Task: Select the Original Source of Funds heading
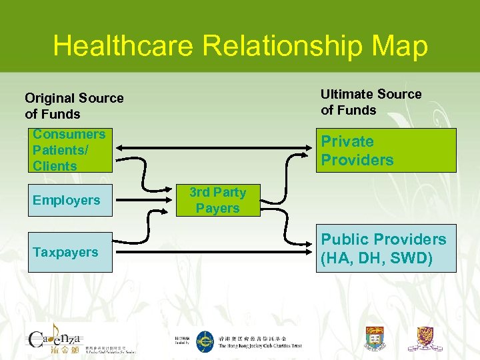pyautogui.click(x=74, y=106)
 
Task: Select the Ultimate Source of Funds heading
pyautogui.click(x=371, y=102)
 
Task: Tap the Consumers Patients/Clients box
pyautogui.click(x=70, y=151)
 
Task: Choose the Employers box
pyautogui.click(x=70, y=200)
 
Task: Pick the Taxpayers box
pyautogui.click(x=70, y=252)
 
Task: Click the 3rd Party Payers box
pyautogui.click(x=217, y=200)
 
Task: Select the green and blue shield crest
pyautogui.click(x=375, y=339)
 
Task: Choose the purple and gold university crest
pyautogui.click(x=425, y=338)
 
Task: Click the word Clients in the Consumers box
pyautogui.click(x=55, y=166)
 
